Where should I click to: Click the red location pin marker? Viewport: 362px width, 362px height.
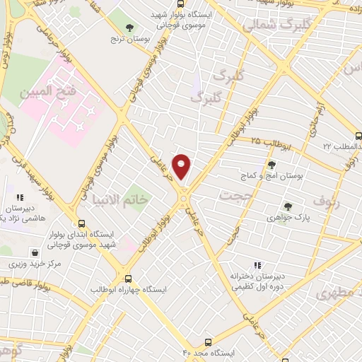182,167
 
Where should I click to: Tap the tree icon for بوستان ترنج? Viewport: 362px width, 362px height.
128,29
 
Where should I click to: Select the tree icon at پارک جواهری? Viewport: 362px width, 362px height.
288,206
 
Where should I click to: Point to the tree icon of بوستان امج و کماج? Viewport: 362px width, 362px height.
271,165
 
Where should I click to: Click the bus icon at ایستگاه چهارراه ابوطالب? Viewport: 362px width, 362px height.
128,279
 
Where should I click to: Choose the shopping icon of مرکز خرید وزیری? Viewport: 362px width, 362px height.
35,252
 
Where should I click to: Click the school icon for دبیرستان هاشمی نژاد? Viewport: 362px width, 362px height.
21,199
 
